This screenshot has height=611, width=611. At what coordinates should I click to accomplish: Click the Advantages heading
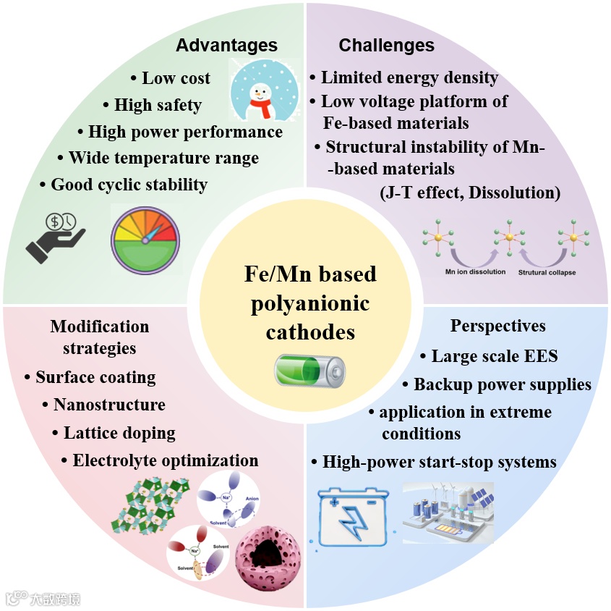click(x=226, y=46)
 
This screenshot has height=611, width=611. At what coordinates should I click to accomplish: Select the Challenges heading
click(x=386, y=46)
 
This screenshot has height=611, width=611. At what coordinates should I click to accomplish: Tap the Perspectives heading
click(x=497, y=326)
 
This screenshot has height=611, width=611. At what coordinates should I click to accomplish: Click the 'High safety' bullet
click(x=158, y=105)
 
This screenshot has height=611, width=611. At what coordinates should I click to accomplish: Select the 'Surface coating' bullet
click(x=95, y=377)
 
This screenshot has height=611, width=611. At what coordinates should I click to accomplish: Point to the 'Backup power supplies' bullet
click(x=502, y=384)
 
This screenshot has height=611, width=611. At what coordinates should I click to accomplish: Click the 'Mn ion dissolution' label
click(x=475, y=272)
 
